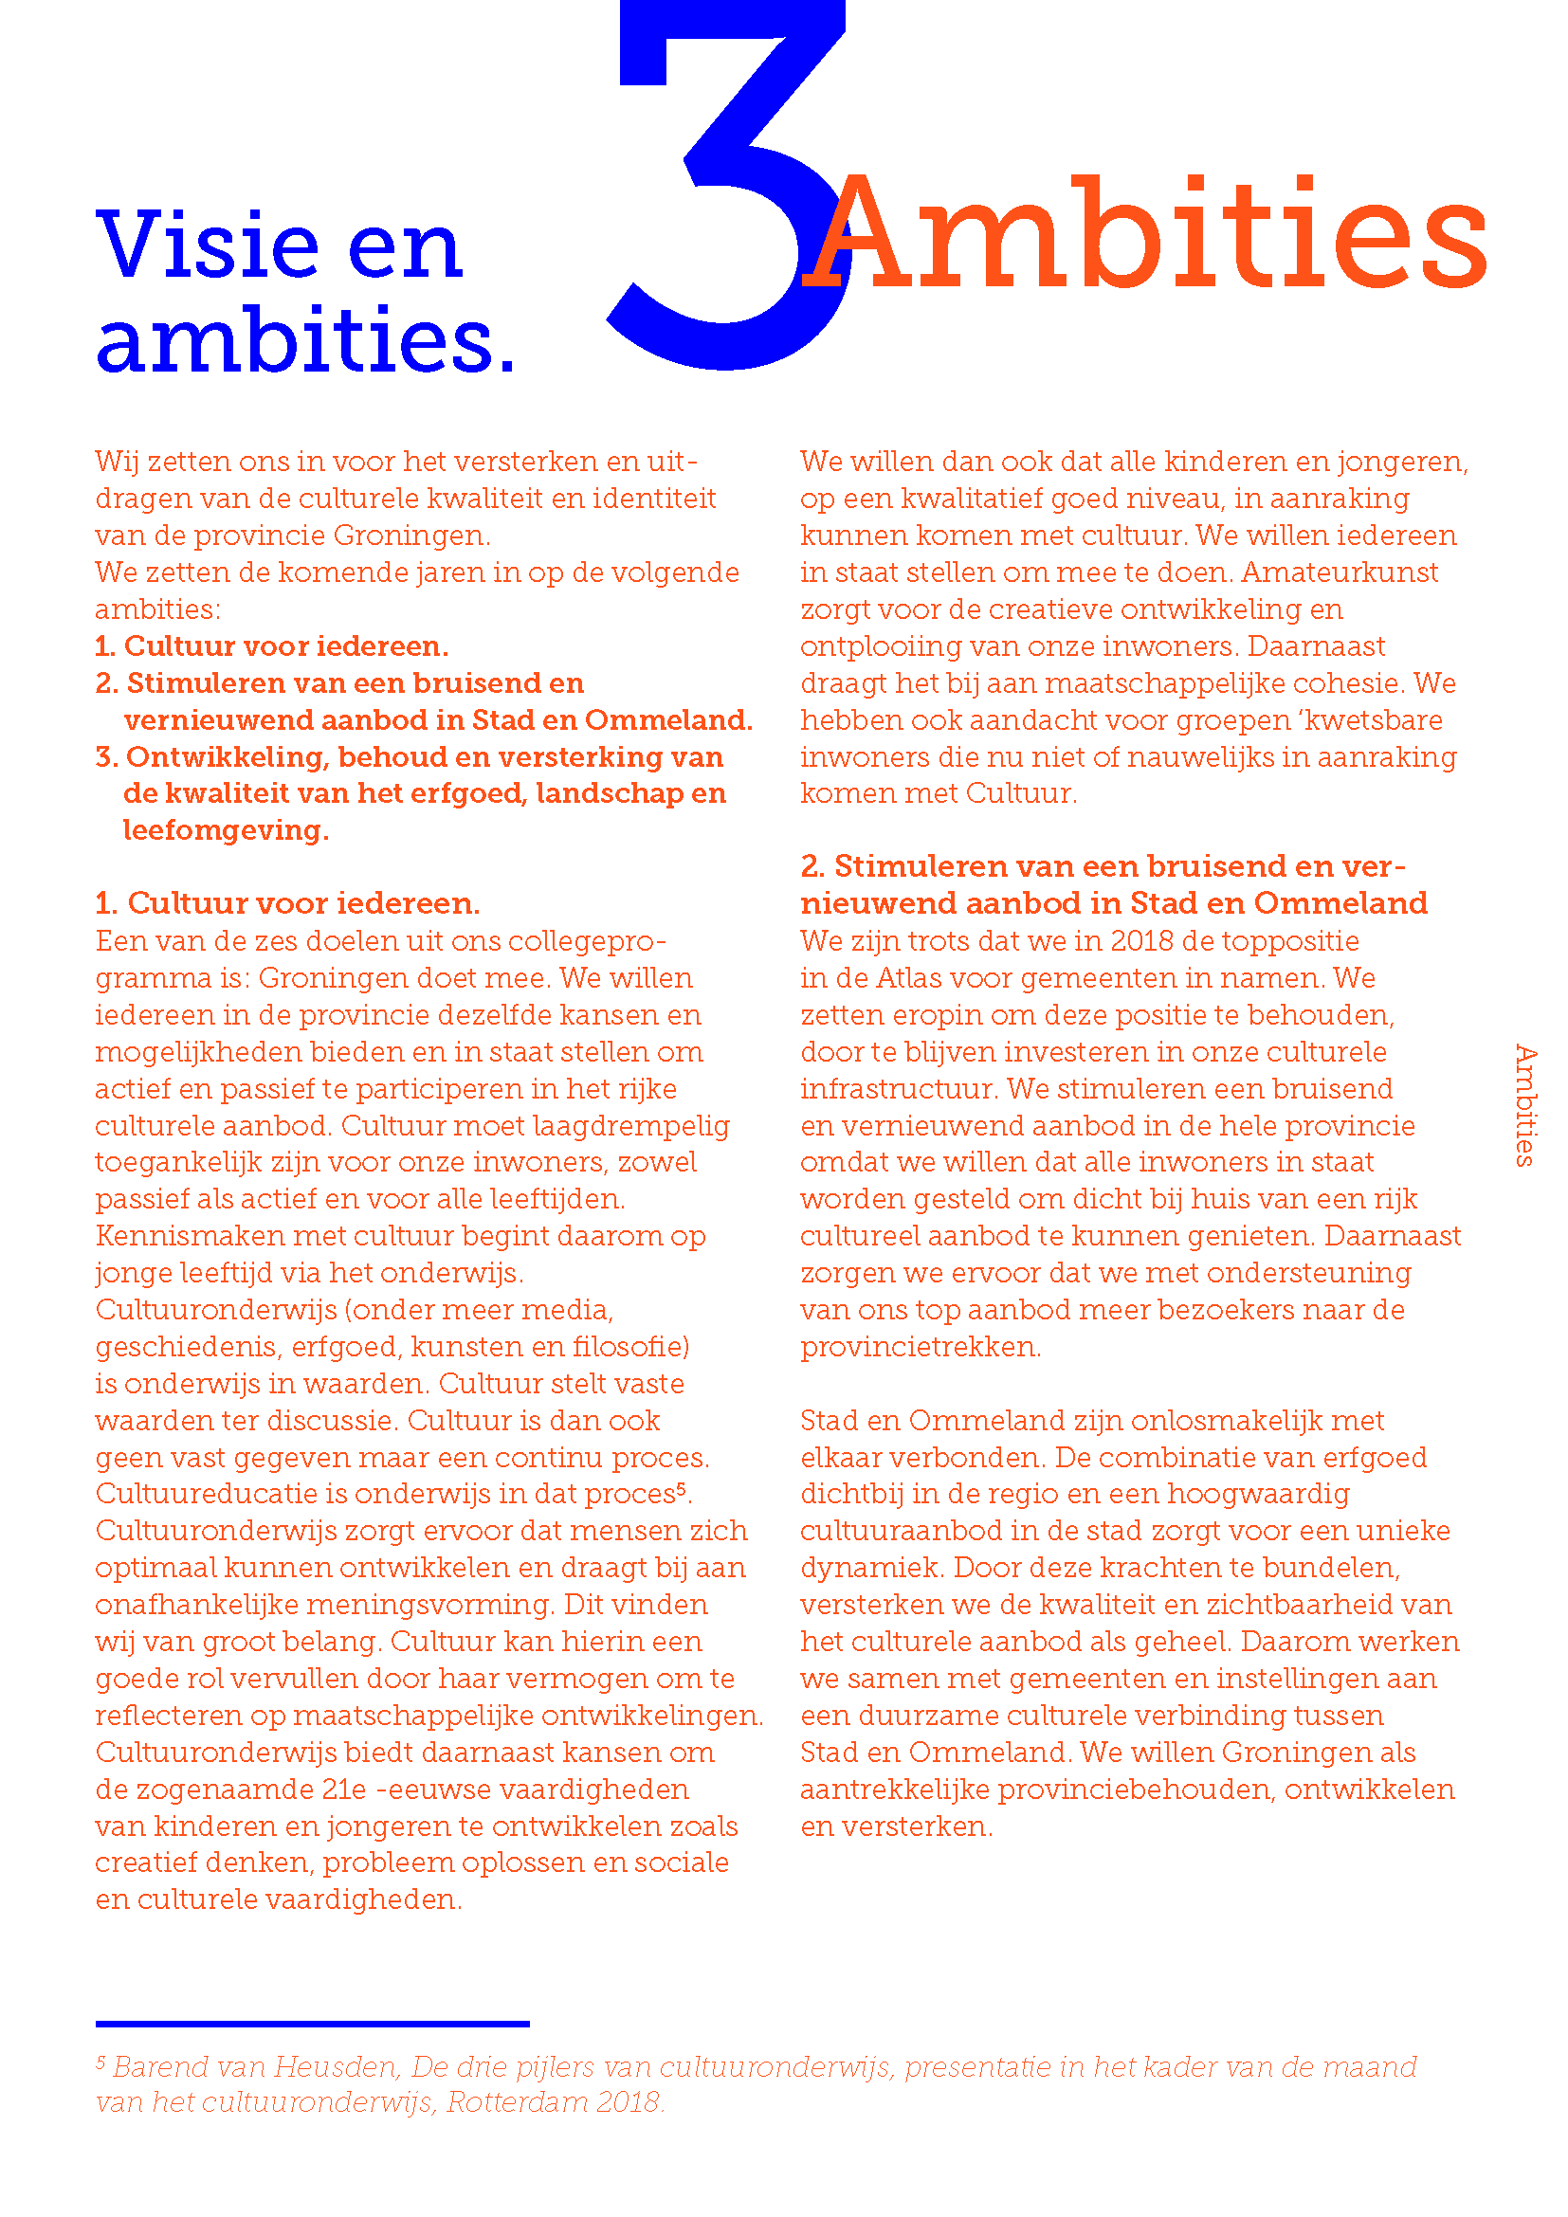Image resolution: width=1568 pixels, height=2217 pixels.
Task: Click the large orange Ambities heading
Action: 1144,237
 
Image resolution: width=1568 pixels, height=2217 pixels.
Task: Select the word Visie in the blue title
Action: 207,245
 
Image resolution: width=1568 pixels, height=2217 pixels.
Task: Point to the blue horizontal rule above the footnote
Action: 312,2023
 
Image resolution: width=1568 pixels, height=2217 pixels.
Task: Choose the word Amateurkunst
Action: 1340,572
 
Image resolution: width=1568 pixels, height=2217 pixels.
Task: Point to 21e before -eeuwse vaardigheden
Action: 344,1790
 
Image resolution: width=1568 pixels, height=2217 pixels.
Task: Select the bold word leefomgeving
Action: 225,830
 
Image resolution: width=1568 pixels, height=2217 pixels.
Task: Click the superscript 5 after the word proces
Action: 681,1488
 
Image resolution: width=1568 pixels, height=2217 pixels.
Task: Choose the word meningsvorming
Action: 430,1605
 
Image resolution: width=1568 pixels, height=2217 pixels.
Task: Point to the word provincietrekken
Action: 920,1347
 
